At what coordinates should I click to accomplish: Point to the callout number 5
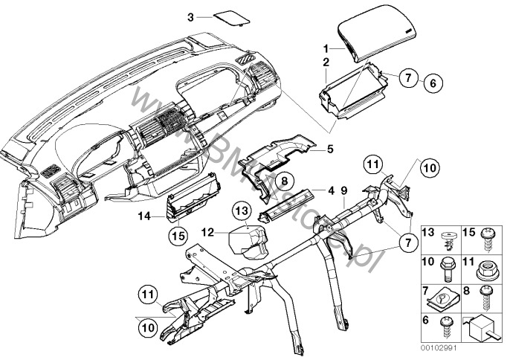pos(330,150)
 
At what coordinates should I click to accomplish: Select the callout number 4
pos(331,191)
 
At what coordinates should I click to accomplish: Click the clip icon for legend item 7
pos(449,297)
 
